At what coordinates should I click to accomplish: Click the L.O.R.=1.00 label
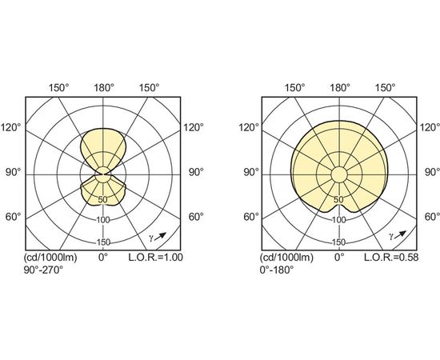pyautogui.click(x=155, y=257)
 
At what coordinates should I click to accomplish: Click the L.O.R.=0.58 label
pyautogui.click(x=391, y=257)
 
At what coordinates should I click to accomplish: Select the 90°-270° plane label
pyautogui.click(x=43, y=270)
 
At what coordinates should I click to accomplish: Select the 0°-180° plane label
pyautogui.click(x=277, y=270)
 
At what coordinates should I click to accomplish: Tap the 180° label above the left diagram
pyautogui.click(x=104, y=88)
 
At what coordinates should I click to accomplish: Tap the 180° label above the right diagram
pyautogui.click(x=340, y=88)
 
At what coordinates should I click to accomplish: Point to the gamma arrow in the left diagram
pyautogui.click(x=160, y=236)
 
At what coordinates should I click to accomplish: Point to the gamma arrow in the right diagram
pyautogui.click(x=400, y=234)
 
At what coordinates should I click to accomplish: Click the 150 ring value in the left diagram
pyautogui.click(x=103, y=242)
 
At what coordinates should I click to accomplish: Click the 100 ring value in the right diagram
pyautogui.click(x=339, y=220)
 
